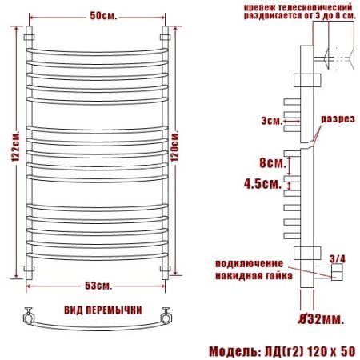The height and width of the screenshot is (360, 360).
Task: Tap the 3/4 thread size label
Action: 336,258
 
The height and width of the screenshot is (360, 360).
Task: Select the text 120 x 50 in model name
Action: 328,350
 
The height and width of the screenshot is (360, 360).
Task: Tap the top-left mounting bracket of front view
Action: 30,38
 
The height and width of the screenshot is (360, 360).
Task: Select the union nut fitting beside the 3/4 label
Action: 335,274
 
